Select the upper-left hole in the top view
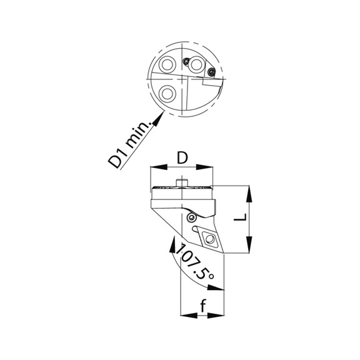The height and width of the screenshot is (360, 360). (x=167, y=66)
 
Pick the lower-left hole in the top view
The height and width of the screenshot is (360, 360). (x=167, y=93)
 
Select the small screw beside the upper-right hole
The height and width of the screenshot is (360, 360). (x=186, y=61)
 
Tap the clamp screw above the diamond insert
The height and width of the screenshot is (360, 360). (x=192, y=217)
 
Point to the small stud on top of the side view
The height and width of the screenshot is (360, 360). (x=182, y=182)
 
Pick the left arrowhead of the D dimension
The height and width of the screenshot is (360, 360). (x=153, y=167)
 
